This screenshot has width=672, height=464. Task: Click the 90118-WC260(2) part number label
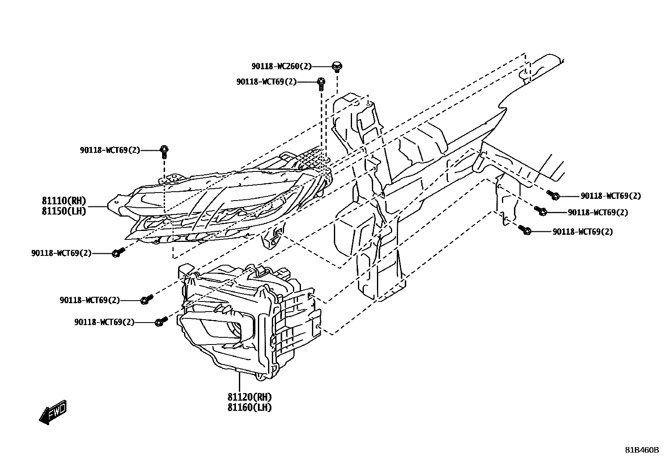pos(282,66)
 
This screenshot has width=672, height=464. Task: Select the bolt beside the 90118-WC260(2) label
pos(337,66)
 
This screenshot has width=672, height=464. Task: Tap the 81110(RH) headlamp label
pos(64,201)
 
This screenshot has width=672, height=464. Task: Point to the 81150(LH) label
pos(64,211)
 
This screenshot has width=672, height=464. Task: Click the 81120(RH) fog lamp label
pos(249,397)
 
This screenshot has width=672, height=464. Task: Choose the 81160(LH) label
pos(249,407)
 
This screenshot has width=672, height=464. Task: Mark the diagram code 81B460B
pos(642,450)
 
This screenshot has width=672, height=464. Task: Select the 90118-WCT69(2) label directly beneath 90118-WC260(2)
pos(266,82)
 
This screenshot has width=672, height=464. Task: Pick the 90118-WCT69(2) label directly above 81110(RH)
pos(110,150)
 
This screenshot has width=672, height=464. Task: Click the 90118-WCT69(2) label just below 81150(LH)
pos(61,253)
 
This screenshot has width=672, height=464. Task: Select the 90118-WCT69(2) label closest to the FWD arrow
pos(104,322)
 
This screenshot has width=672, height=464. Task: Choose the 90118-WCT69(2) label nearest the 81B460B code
pos(583,231)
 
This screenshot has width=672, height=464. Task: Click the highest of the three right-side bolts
pos(554,195)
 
